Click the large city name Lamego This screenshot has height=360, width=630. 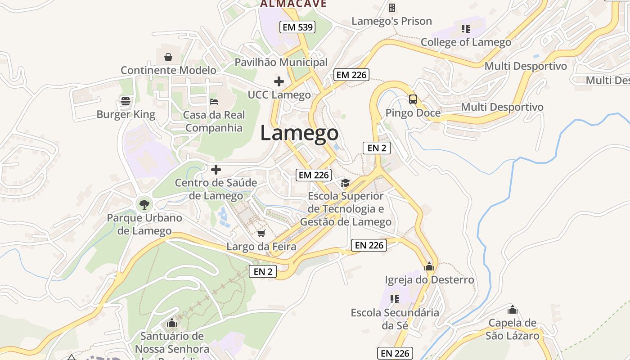click(299, 133)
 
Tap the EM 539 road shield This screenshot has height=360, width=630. click(297, 27)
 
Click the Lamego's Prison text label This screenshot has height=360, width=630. click(391, 21)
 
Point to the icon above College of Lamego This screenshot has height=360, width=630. click(466, 29)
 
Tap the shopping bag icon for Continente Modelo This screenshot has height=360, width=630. click(168, 57)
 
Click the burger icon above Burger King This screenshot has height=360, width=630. click(126, 101)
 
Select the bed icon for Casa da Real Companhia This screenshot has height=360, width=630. click(214, 101)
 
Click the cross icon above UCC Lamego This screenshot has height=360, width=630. click(279, 81)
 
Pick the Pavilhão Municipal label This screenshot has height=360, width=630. click(281, 62)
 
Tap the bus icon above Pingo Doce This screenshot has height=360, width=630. click(413, 99)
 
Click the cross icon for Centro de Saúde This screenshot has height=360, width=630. click(216, 170)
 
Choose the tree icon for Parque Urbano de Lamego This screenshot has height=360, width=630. click(144, 205)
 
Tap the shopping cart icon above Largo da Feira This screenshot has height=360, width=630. click(261, 233)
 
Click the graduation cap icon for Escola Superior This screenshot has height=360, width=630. click(345, 183)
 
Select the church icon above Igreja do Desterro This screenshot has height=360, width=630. click(429, 266)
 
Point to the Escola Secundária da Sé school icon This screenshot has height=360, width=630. click(395, 299)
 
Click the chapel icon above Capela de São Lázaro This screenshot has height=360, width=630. click(512, 310)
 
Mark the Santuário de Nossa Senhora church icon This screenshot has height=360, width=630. click(172, 323)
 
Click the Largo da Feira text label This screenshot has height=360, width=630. click(261, 247)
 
